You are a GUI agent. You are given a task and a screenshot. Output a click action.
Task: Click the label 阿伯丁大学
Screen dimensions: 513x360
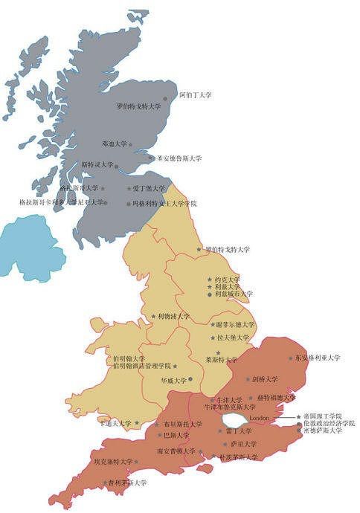tap(196, 96)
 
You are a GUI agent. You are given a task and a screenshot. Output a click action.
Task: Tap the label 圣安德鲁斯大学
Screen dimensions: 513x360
tap(179, 158)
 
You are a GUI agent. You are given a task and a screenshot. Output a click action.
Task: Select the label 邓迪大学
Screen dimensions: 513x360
tap(115, 143)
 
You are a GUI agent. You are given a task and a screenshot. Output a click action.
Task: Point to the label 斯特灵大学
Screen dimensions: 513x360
tap(97, 164)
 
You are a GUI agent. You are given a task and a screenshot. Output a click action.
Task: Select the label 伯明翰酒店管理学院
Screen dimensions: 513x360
tap(141, 366)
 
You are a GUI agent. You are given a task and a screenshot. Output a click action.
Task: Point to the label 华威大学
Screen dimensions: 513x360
tap(173, 379)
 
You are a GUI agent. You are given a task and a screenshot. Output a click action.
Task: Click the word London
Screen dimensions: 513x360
tap(259, 419)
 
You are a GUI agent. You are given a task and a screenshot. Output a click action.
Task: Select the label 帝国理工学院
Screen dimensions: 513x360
tap(324, 416)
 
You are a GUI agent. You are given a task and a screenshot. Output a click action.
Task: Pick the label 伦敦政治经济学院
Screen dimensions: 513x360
tap(330, 423)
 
